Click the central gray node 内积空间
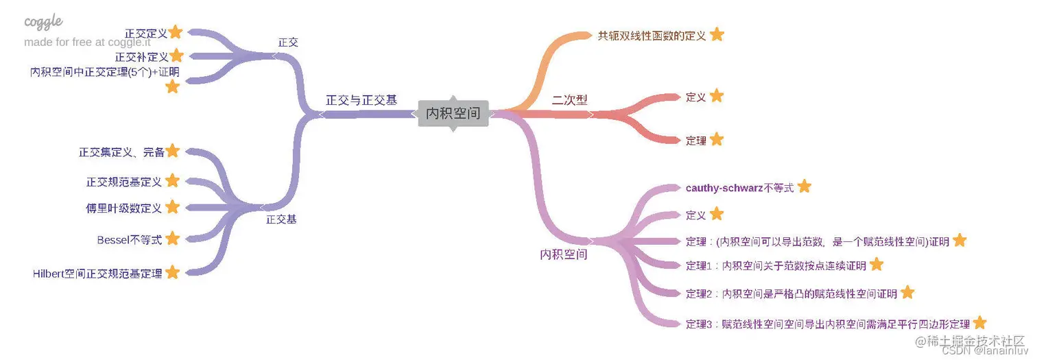pyautogui.click(x=453, y=113)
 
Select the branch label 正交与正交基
pyautogui.click(x=361, y=100)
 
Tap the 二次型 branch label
pyautogui.click(x=570, y=99)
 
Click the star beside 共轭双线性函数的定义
pyautogui.click(x=717, y=34)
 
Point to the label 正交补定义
pyautogui.click(x=141, y=57)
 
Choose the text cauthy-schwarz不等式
pyautogui.click(x=739, y=187)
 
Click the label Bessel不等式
pyautogui.click(x=130, y=239)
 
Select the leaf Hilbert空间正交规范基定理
pyautogui.click(x=97, y=274)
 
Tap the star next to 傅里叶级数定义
pyautogui.click(x=173, y=206)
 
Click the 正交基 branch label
pyautogui.click(x=281, y=219)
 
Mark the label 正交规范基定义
pyautogui.click(x=124, y=182)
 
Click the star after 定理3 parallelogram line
pyautogui.click(x=979, y=323)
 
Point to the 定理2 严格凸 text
pyautogui.click(x=791, y=293)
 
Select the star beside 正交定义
pyautogui.click(x=176, y=32)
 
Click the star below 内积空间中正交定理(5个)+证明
pyautogui.click(x=172, y=86)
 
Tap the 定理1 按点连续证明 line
pyautogui.click(x=776, y=265)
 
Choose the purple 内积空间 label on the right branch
pyautogui.click(x=564, y=254)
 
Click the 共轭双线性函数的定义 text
pyautogui.click(x=652, y=36)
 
